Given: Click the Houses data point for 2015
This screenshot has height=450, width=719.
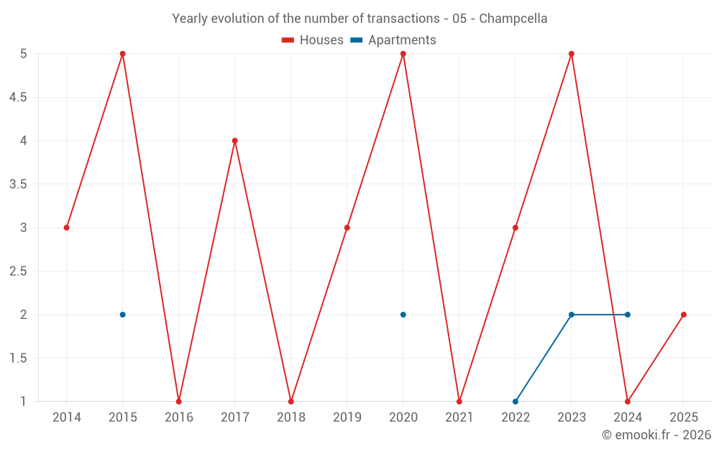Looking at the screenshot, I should click(x=122, y=54).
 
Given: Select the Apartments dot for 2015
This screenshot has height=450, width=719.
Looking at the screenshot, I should click(x=122, y=315).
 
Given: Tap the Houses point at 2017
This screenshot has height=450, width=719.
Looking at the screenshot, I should click(x=235, y=140).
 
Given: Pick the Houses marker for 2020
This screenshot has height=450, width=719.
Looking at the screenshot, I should click(x=403, y=54).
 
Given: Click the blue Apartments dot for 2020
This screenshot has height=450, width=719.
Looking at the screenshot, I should click(x=403, y=315).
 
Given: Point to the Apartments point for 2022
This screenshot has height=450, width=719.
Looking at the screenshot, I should click(x=516, y=401).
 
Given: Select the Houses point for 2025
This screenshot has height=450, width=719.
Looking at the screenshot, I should click(x=684, y=315).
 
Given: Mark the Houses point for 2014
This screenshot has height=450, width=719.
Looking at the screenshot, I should click(x=67, y=228).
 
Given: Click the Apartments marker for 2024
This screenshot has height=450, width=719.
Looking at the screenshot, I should click(x=628, y=315).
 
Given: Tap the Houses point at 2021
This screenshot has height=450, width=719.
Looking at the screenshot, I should click(x=459, y=401).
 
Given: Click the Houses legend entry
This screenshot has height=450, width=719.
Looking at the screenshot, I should click(x=313, y=40).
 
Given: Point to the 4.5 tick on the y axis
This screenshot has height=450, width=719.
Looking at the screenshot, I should click(x=18, y=97).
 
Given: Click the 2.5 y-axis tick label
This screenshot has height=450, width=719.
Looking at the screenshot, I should click(x=18, y=271).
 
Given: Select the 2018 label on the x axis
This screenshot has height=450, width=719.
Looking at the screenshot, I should click(x=291, y=418).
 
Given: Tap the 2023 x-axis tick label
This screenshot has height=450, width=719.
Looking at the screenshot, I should click(x=572, y=418).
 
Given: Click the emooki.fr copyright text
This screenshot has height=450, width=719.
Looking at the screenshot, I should click(x=656, y=435).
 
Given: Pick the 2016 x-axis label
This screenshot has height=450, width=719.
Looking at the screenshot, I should click(x=179, y=418).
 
